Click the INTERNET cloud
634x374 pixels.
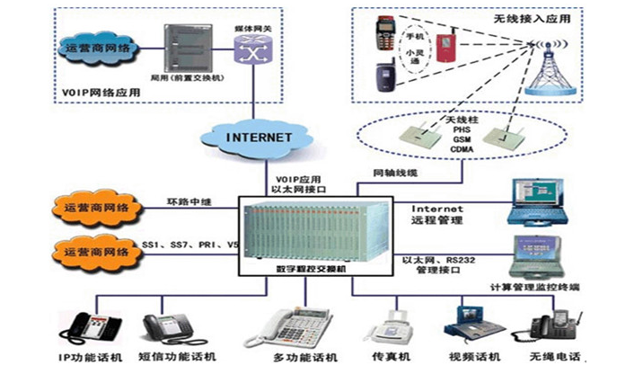click(x=259, y=138)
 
